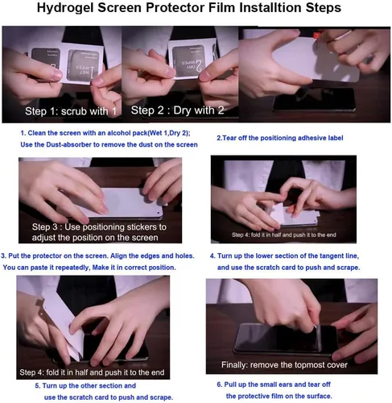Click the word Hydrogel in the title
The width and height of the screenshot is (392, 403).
click(65, 8)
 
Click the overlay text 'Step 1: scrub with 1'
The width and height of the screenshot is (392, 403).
click(71, 111)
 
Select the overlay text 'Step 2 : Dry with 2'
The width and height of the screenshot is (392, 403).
click(177, 110)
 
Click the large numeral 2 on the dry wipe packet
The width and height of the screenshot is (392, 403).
click(199, 65)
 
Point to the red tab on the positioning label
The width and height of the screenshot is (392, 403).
click(317, 35)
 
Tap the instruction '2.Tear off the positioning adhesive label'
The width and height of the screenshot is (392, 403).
click(280, 138)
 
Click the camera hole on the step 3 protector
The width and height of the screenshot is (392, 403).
click(159, 213)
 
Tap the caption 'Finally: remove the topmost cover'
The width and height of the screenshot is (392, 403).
click(284, 365)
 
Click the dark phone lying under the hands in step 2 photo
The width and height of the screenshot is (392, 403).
click(313, 99)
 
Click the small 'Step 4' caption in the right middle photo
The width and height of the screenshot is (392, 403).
click(284, 235)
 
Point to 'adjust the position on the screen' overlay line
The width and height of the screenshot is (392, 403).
click(95, 238)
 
